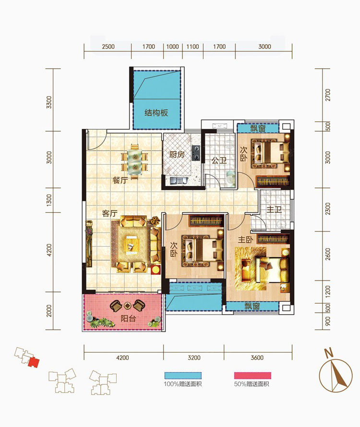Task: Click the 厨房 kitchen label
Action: (177, 155)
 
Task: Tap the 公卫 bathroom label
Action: (219, 160)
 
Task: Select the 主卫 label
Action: (274, 210)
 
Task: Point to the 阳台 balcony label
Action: (128, 318)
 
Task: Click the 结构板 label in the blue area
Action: (156, 112)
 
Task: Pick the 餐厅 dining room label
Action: (120, 180)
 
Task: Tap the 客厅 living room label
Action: (109, 213)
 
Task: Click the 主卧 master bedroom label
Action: (245, 240)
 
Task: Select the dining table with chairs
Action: (134, 161)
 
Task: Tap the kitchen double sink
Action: (179, 180)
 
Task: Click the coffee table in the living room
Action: (131, 244)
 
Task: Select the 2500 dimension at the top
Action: (108, 47)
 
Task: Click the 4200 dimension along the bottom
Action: (122, 357)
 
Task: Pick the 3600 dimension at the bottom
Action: (257, 357)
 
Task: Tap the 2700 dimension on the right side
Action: (328, 95)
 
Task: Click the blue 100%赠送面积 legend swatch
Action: (183, 376)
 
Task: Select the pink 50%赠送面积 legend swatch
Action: (252, 376)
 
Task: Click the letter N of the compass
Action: (329, 353)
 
